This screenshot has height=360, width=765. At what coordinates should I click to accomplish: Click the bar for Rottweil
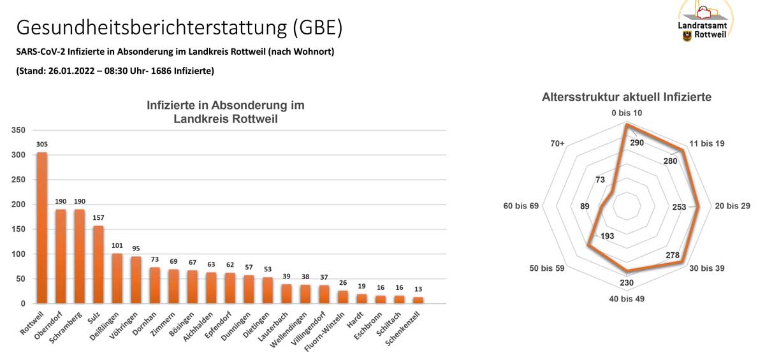coord(41,228)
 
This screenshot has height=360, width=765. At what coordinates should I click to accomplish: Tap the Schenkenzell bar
coord(418,300)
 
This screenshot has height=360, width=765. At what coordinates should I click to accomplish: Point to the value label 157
coord(98,219)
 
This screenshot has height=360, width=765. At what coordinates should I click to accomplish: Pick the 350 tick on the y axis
coord(18,130)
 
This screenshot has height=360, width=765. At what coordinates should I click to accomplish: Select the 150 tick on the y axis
coord(18,229)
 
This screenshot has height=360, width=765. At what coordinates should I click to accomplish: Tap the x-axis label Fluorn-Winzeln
coord(329,331)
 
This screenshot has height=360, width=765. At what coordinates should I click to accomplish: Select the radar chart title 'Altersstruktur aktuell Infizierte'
coord(627,97)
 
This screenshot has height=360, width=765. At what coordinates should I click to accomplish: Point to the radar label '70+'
coord(557,144)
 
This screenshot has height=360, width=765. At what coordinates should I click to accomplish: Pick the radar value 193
coord(607,236)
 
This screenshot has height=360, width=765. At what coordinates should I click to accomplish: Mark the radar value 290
coord(636,143)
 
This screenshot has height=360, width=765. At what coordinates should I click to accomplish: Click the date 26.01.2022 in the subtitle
coord(69,71)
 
